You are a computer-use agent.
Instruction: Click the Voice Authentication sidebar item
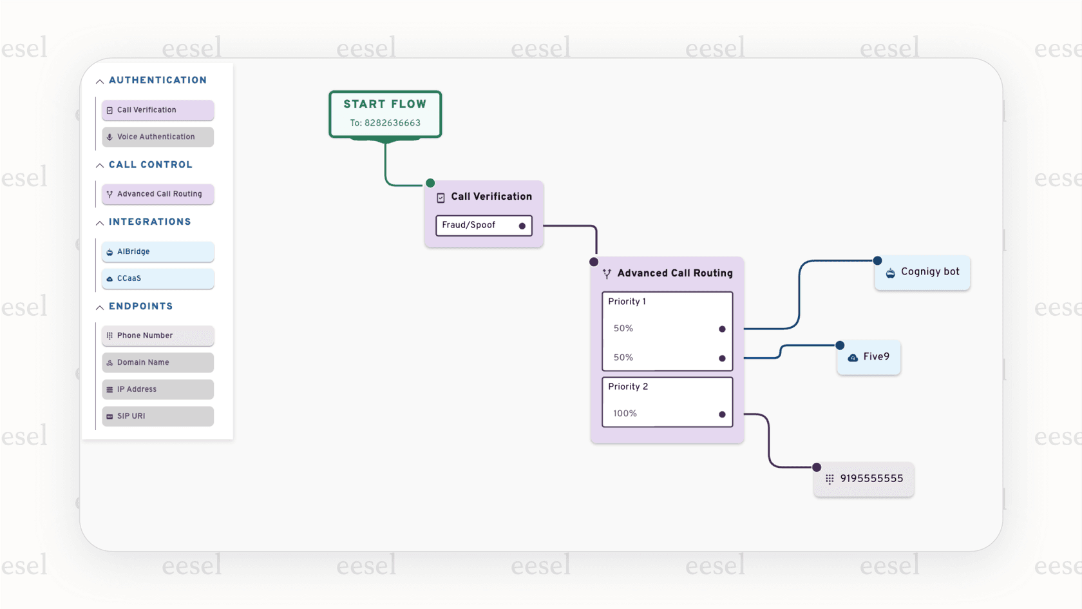click(157, 137)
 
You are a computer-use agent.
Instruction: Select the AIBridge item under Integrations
click(157, 251)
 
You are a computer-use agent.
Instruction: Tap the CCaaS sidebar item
click(157, 278)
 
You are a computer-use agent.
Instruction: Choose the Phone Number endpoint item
click(157, 336)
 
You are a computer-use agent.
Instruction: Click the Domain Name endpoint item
click(157, 362)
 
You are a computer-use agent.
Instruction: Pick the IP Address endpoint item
click(157, 389)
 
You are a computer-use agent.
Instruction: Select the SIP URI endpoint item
click(157, 416)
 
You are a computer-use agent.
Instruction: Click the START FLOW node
click(385, 105)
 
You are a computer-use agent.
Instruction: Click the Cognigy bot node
click(922, 273)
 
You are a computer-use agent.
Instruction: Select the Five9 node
click(869, 357)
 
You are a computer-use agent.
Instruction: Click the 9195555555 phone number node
click(864, 479)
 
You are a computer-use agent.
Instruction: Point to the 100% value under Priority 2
click(625, 414)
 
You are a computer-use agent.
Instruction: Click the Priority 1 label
click(627, 302)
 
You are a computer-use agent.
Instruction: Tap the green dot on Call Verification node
click(430, 183)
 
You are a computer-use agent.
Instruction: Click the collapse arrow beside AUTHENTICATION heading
click(100, 81)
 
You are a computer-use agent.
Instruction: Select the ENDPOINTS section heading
click(140, 307)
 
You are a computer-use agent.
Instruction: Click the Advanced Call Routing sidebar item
click(157, 194)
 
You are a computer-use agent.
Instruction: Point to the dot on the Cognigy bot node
click(877, 260)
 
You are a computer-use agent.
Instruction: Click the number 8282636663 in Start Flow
click(392, 123)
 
